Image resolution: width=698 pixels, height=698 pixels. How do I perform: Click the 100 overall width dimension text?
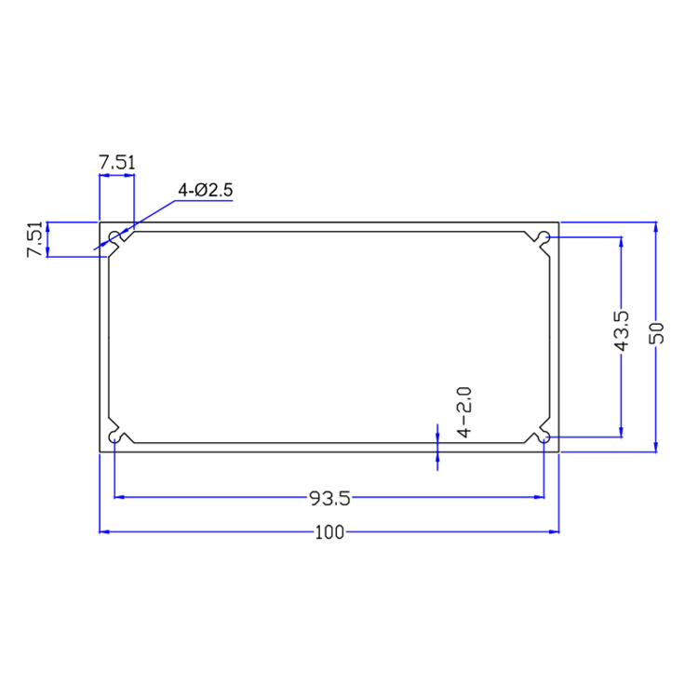(329, 532)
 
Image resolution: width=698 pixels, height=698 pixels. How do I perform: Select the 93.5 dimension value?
(329, 499)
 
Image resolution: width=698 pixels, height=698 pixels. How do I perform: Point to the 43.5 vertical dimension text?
(622, 331)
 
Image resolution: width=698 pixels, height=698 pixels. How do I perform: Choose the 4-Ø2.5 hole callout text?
(208, 191)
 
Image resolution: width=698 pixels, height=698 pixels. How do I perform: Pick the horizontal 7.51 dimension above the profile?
(117, 162)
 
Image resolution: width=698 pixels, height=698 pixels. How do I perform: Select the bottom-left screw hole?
(115, 436)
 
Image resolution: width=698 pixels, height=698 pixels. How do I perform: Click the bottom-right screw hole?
(544, 436)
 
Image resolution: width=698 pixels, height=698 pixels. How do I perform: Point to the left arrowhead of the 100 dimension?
(105, 532)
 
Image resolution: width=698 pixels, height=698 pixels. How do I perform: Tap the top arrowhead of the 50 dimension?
(657, 228)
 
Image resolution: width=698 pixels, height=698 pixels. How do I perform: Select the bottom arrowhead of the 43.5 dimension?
(622, 430)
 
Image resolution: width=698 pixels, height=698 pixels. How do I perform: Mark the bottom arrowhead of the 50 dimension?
(657, 447)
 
